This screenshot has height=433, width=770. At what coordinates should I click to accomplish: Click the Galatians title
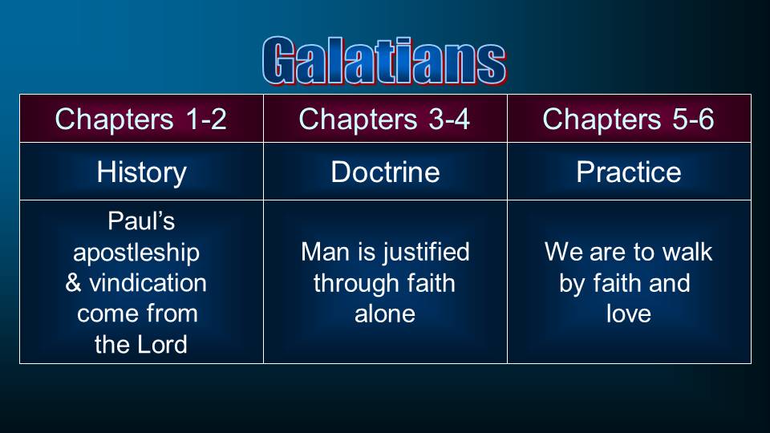384,60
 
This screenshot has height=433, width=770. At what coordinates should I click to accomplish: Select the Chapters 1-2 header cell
141,119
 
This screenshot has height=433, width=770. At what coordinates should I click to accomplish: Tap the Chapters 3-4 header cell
385,119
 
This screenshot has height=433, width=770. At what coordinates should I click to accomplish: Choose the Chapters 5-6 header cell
629,119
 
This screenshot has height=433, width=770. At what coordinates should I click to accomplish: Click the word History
141,173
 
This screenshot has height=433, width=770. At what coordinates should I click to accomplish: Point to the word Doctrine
385,172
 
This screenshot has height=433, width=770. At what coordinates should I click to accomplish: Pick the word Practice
629,172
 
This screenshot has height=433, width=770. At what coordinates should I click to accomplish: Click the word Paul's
141,221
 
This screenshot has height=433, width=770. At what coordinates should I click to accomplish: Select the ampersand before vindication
73,283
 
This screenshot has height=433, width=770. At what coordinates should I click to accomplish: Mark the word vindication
148,283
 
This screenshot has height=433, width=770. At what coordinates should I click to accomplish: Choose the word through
350,284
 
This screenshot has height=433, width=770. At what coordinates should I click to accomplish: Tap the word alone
385,314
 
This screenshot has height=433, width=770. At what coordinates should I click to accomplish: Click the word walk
687,252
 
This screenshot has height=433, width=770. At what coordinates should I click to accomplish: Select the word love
629,314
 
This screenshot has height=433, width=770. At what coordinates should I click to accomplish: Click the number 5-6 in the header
692,119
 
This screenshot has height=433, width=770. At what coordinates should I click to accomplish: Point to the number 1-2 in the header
206,119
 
